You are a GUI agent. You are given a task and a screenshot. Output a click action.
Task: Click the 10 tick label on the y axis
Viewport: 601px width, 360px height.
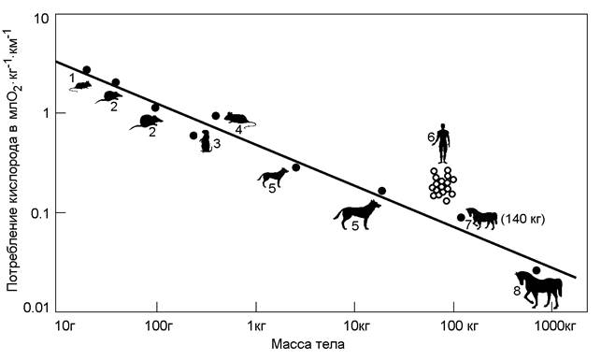pos(43,19)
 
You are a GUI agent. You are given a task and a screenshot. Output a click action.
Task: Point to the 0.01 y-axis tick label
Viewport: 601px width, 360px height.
pos(36,308)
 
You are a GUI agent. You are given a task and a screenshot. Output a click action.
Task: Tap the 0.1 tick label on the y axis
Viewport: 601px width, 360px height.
pos(40,212)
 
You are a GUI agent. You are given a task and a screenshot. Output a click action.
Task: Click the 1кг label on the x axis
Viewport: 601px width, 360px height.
pos(257,326)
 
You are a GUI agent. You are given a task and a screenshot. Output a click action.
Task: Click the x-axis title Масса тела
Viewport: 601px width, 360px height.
pos(308,344)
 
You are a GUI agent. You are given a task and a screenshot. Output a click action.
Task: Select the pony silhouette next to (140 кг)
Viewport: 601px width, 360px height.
pos(481,219)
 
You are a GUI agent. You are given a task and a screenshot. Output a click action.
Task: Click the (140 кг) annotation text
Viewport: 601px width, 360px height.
pos(522,220)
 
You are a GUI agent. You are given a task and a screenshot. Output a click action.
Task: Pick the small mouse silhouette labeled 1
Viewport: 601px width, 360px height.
pos(81,86)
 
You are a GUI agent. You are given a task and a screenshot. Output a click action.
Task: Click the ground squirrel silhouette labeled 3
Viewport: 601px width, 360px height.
pos(206,141)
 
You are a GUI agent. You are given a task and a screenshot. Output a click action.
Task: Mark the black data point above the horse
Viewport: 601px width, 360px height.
pos(537,270)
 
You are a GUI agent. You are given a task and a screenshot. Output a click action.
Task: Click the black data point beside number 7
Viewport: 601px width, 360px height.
pos(461,217)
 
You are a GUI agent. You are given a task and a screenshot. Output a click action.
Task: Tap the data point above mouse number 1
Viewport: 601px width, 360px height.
pos(87,70)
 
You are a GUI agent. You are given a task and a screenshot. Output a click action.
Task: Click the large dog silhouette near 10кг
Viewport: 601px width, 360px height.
pos(357,215)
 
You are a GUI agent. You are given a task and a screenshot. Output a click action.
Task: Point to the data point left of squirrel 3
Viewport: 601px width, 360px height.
pos(193,136)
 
